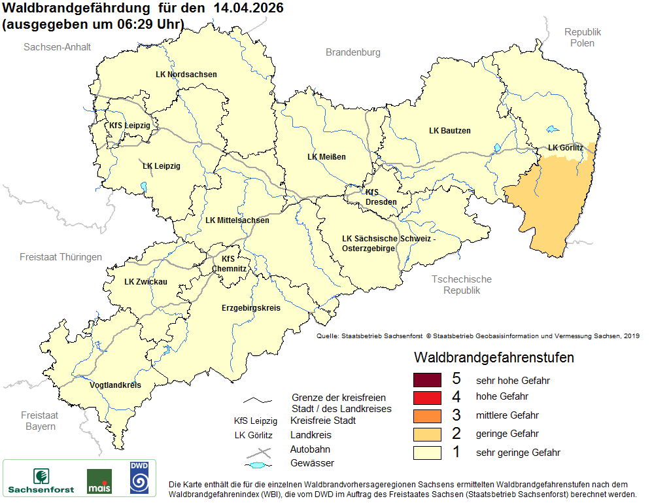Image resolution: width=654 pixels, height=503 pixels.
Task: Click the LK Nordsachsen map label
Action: [x=186, y=75]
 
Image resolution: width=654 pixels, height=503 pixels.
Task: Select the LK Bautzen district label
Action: [x=449, y=131]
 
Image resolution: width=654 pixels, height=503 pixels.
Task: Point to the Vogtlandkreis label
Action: [x=115, y=385]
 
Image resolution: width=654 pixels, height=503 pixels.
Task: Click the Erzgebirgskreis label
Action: [x=250, y=307]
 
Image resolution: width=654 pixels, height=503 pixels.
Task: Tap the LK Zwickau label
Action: [x=146, y=282]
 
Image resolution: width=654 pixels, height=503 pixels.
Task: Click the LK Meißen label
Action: [x=326, y=157]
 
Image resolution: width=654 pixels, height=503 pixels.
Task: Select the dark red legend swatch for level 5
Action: [x=428, y=380]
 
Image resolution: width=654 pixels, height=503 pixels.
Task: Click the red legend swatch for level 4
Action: [x=428, y=398]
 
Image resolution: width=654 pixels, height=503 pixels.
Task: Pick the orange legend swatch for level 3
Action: [x=428, y=415]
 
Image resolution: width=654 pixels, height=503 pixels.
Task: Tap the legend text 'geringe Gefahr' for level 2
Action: [x=507, y=434]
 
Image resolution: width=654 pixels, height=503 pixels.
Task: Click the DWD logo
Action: [x=139, y=477]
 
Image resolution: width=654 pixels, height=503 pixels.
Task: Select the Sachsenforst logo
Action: [x=41, y=479]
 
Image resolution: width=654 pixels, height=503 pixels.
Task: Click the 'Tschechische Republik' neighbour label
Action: [x=461, y=285]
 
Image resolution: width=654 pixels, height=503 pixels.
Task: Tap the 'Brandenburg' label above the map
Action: [x=353, y=52]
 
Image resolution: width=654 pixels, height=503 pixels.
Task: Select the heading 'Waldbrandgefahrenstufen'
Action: [x=494, y=358]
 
